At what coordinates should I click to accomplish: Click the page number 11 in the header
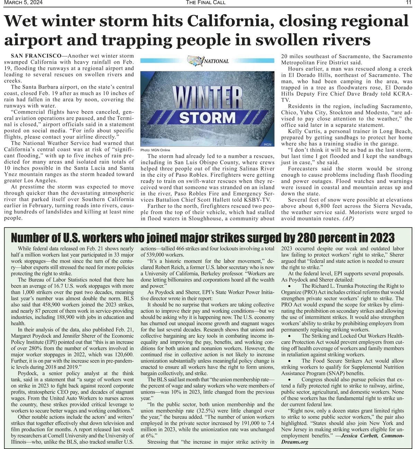coord(409,3)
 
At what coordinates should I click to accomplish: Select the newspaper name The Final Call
coord(205,3)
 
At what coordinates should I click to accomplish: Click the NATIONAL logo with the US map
coord(208,61)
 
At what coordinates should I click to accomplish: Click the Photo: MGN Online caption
coord(155,150)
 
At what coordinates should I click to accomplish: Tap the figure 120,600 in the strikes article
coord(122,355)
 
